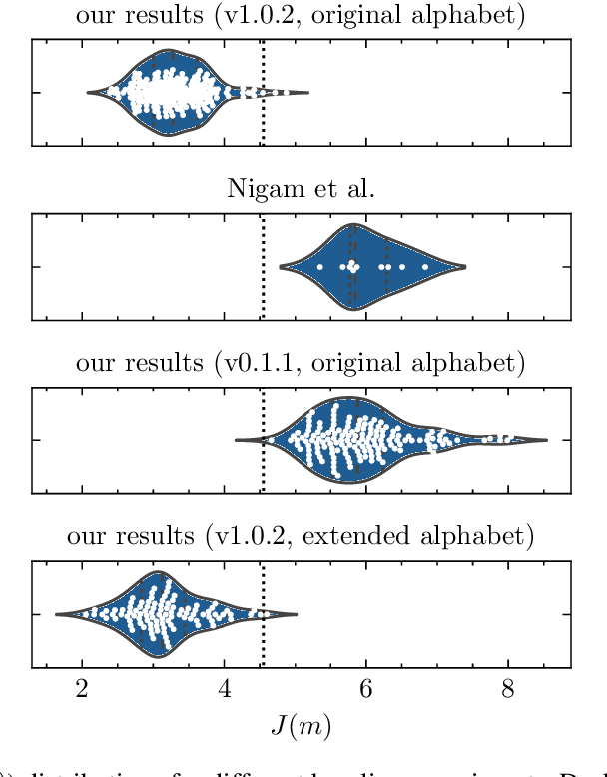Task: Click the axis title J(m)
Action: pos(301,725)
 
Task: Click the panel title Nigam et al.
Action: pos(301,188)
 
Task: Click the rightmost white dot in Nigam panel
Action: pos(425,267)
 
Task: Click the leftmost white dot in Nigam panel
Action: pos(320,267)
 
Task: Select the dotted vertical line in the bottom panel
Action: pos(263,639)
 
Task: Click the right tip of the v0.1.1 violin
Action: pos(546,440)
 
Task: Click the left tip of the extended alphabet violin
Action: pos(57,614)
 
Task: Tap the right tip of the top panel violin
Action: pos(307,93)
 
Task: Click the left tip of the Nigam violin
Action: pos(281,267)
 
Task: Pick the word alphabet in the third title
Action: pos(482,362)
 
